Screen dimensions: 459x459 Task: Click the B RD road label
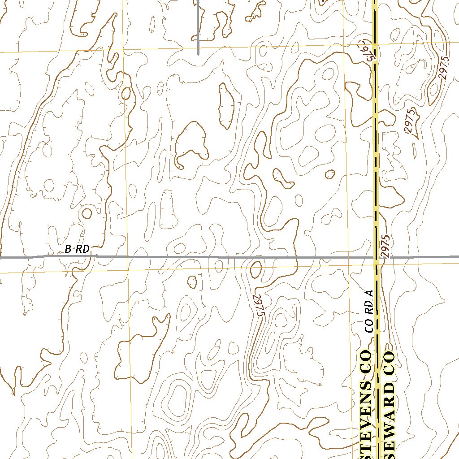[77, 249]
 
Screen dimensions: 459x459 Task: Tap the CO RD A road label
[369, 311]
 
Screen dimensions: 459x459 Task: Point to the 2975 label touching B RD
[386, 246]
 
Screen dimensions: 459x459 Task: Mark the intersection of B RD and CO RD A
[376, 258]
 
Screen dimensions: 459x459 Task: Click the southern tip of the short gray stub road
[198, 54]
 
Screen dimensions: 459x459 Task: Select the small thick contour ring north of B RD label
[87, 213]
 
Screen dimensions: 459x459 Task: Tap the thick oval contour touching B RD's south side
[256, 269]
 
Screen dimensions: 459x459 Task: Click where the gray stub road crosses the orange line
[198, 48]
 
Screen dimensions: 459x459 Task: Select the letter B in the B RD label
[68, 249]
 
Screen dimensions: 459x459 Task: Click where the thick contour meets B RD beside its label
[95, 256]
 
